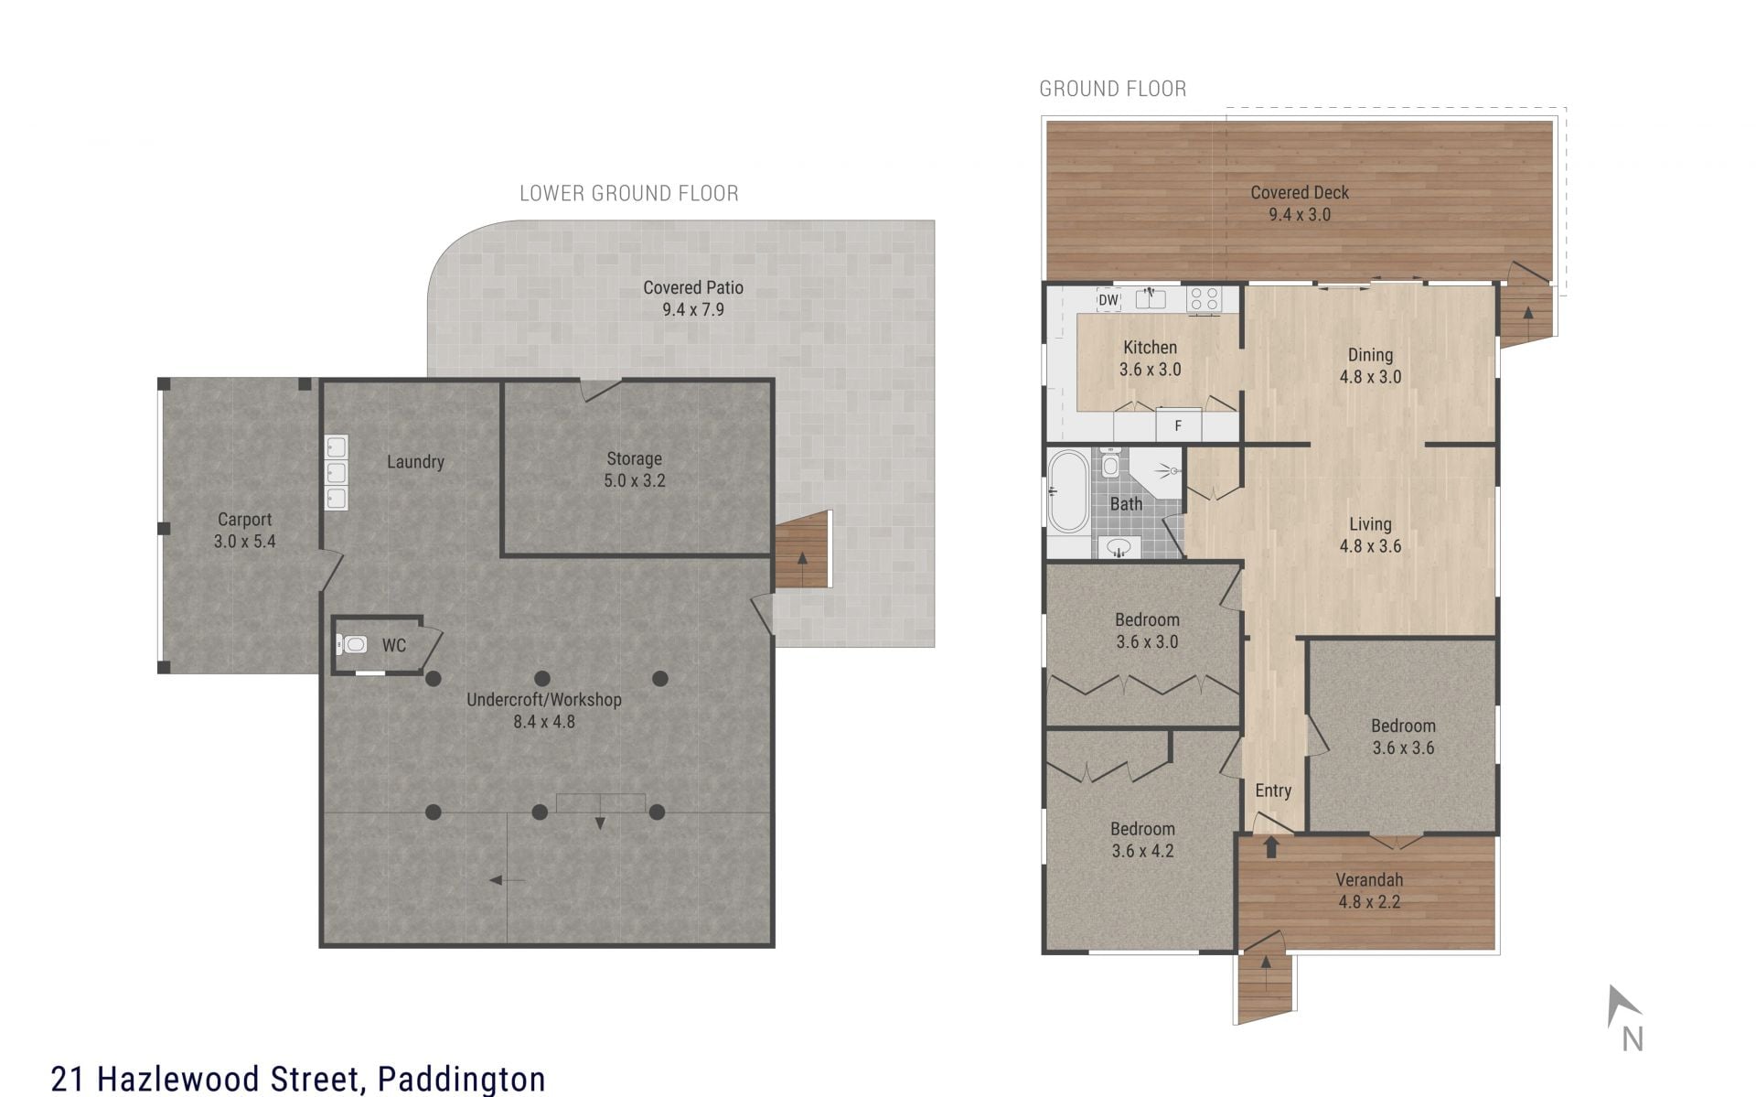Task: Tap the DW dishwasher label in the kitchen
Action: tap(1108, 299)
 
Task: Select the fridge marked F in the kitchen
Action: tap(1178, 425)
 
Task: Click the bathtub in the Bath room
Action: tap(1067, 491)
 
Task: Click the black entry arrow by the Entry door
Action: tap(1270, 847)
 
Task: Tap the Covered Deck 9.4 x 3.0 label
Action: tap(1300, 204)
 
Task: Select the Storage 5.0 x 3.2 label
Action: tap(634, 469)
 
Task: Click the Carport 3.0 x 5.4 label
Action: tap(244, 531)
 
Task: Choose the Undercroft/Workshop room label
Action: tap(544, 710)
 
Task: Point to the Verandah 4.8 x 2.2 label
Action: tap(1369, 890)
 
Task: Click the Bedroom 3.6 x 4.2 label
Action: tap(1142, 840)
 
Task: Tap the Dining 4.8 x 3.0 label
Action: tap(1370, 365)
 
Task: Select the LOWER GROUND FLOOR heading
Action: tap(629, 193)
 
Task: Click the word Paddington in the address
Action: tap(462, 1079)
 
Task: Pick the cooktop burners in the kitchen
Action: tap(1204, 299)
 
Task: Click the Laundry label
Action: tap(415, 462)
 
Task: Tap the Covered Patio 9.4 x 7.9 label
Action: tap(693, 298)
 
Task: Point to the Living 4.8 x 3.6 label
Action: tap(1370, 535)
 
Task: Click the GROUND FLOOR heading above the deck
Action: tap(1113, 89)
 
